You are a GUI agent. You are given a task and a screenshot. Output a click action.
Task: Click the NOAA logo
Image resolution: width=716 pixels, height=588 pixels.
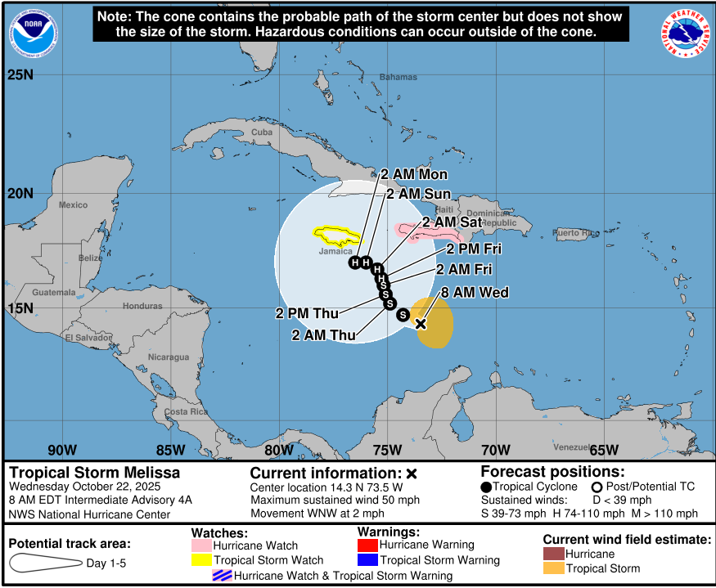[x=34, y=34]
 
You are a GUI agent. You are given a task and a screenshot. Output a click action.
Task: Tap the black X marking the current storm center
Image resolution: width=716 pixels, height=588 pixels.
[x=421, y=323]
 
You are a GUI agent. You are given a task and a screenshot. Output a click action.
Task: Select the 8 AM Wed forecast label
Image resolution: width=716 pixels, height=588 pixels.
[x=475, y=292]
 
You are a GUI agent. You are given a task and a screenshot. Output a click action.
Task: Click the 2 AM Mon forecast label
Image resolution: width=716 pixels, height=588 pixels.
[x=414, y=174]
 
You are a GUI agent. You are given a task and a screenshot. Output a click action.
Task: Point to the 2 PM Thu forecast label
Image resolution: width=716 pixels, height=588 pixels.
[x=307, y=312]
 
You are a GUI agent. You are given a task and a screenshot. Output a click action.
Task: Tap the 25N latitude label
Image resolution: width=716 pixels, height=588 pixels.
[x=20, y=75]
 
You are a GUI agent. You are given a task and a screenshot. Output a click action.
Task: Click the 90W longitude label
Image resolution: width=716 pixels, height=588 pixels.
[x=62, y=449]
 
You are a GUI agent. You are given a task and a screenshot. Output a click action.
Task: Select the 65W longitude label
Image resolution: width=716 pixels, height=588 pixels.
[x=603, y=449]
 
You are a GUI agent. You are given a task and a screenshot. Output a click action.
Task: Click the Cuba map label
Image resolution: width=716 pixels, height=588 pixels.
[x=262, y=132]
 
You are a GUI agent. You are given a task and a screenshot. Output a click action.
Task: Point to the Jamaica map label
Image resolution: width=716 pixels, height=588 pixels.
[x=335, y=251]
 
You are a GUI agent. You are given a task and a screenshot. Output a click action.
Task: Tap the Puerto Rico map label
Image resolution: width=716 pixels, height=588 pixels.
[x=576, y=233]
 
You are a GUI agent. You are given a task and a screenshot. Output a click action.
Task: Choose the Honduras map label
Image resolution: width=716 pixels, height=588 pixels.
[x=142, y=306]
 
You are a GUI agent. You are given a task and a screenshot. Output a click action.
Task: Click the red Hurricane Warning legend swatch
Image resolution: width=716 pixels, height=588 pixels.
[x=367, y=545]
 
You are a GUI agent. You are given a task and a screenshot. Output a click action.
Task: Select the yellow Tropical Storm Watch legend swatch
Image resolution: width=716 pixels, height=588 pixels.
[x=201, y=560]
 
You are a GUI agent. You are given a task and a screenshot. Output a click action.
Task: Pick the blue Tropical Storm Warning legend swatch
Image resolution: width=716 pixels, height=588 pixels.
[x=367, y=560]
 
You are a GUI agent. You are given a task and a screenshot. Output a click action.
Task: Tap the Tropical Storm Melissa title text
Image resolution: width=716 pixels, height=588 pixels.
[x=94, y=473]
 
